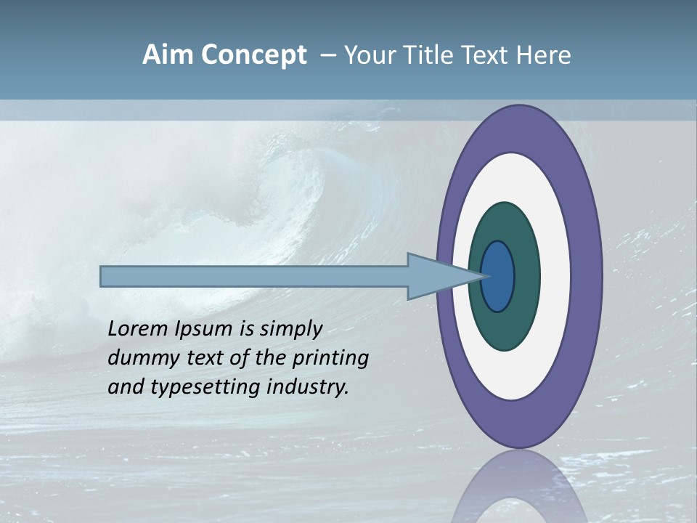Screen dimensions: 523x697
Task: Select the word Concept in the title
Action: pyautogui.click(x=252, y=55)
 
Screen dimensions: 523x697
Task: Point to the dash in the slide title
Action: pyautogui.click(x=327, y=56)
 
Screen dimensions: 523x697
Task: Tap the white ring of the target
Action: pyautogui.click(x=555, y=277)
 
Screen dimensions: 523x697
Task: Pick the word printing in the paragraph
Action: pyautogui.click(x=331, y=359)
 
